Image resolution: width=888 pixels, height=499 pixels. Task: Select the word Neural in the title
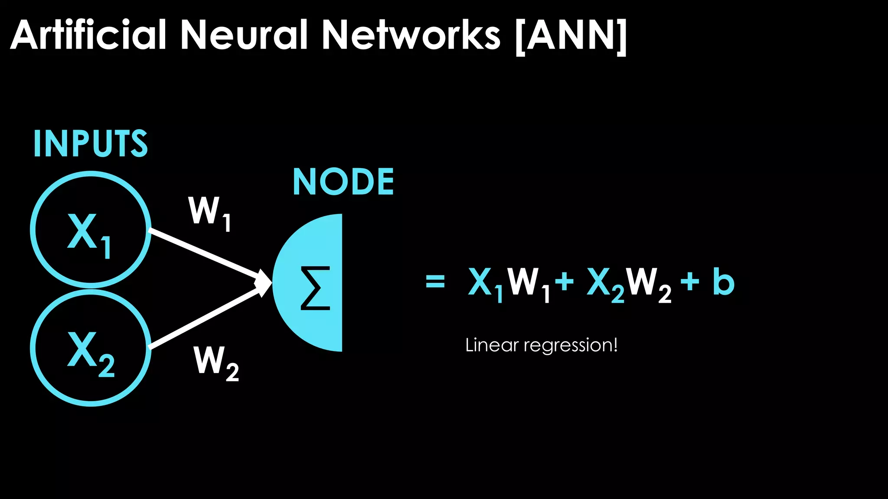click(x=244, y=35)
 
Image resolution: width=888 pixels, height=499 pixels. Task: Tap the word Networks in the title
click(x=411, y=35)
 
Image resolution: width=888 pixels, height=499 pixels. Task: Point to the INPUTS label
click(x=90, y=143)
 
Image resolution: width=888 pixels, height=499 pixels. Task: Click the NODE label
click(x=343, y=182)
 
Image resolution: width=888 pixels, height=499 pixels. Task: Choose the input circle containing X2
click(x=91, y=348)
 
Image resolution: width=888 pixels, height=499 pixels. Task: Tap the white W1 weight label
click(x=209, y=213)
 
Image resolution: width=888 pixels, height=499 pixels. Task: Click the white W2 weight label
click(x=215, y=363)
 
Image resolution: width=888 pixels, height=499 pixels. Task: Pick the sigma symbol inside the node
click(x=316, y=288)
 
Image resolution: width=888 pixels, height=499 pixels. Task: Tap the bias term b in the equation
click(x=723, y=282)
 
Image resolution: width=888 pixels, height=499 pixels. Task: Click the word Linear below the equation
click(x=492, y=345)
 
